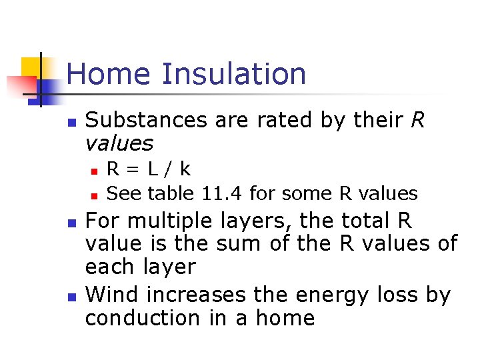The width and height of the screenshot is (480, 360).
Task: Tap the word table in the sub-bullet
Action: coord(171,194)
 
